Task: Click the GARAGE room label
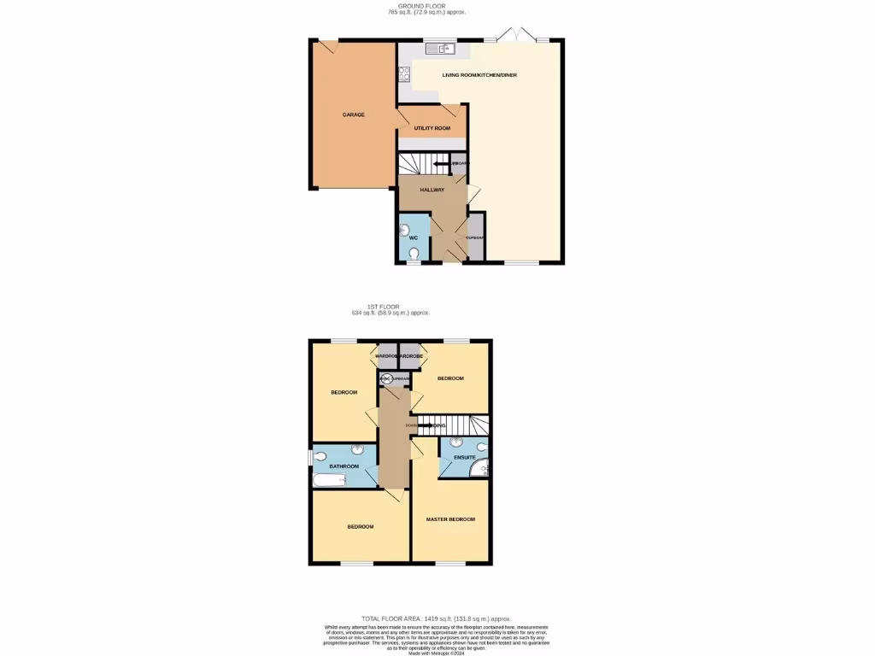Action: [354, 114]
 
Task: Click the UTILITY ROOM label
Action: [432, 128]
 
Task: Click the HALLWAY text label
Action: [432, 190]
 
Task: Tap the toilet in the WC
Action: [414, 253]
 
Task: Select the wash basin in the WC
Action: [404, 230]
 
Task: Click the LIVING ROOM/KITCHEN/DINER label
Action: [479, 75]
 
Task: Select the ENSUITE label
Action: [453, 459]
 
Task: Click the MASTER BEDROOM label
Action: [450, 519]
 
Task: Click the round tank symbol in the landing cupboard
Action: [385, 378]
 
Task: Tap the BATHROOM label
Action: [344, 466]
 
